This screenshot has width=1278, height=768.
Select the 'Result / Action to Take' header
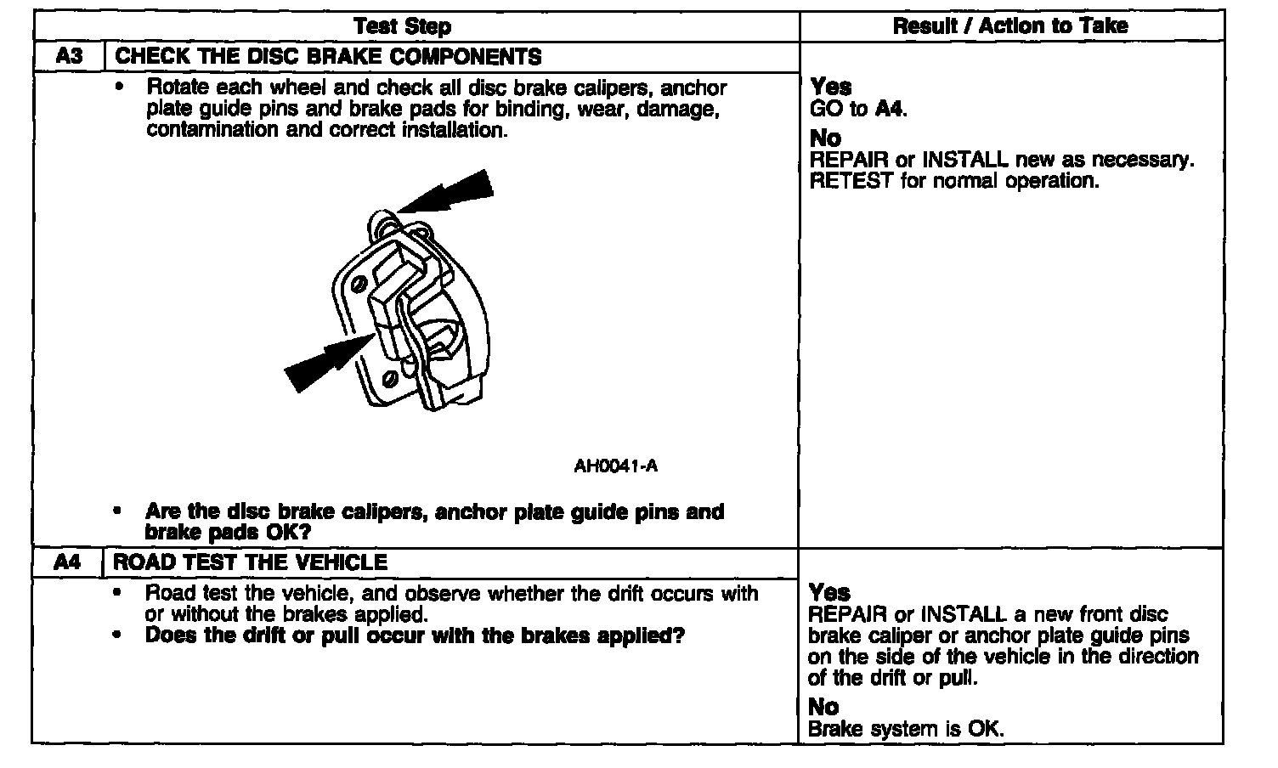pos(1009,26)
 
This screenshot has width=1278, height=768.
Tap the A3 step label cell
pos(68,57)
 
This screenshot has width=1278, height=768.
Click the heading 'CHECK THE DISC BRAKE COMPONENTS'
pos(328,57)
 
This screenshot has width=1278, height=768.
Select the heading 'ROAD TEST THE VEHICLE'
pos(251,562)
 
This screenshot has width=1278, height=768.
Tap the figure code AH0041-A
pos(615,466)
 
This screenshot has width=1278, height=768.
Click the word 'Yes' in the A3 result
pos(831,87)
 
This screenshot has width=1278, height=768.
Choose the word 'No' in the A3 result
pos(825,138)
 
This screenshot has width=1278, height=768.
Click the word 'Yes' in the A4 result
pos(829,592)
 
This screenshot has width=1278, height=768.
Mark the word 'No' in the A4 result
pos(823,707)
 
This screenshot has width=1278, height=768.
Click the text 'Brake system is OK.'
pos(906,729)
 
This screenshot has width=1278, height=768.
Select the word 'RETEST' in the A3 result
pos(851,181)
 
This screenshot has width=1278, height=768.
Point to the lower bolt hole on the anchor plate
pos(391,376)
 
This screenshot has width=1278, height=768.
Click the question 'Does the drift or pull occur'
pos(415,635)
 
